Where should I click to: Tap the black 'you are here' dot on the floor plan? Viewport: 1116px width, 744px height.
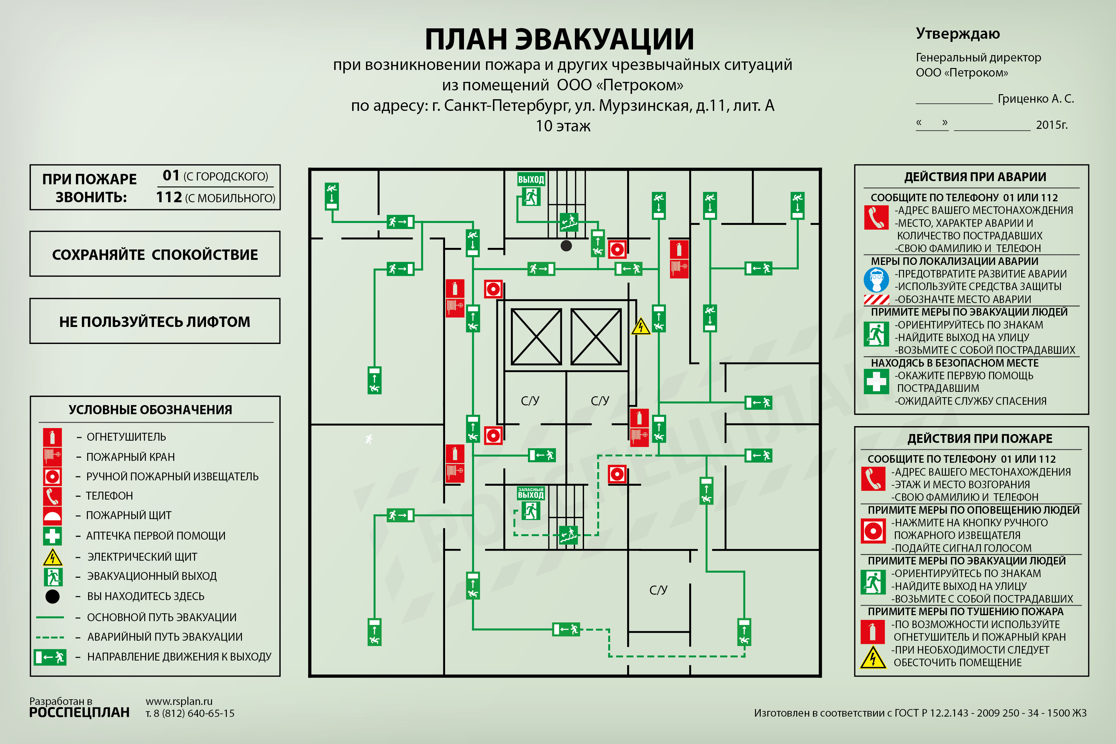(x=566, y=245)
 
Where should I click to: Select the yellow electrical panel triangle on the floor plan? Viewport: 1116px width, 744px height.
(x=641, y=326)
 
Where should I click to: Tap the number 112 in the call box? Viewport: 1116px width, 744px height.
(x=169, y=197)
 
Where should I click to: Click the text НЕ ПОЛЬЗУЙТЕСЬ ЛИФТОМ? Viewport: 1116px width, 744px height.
(x=155, y=322)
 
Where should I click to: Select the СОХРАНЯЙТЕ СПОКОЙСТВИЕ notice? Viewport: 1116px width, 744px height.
(x=155, y=255)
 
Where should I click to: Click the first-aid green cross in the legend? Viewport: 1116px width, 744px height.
(x=52, y=536)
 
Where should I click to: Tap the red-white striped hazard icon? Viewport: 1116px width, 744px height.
(x=876, y=300)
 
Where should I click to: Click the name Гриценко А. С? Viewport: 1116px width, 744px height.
(x=1036, y=99)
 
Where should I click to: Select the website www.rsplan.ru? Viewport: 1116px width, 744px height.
(x=179, y=701)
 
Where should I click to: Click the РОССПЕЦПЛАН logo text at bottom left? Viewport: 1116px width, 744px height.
(x=79, y=713)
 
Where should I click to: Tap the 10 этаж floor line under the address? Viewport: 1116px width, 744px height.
(x=563, y=126)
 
